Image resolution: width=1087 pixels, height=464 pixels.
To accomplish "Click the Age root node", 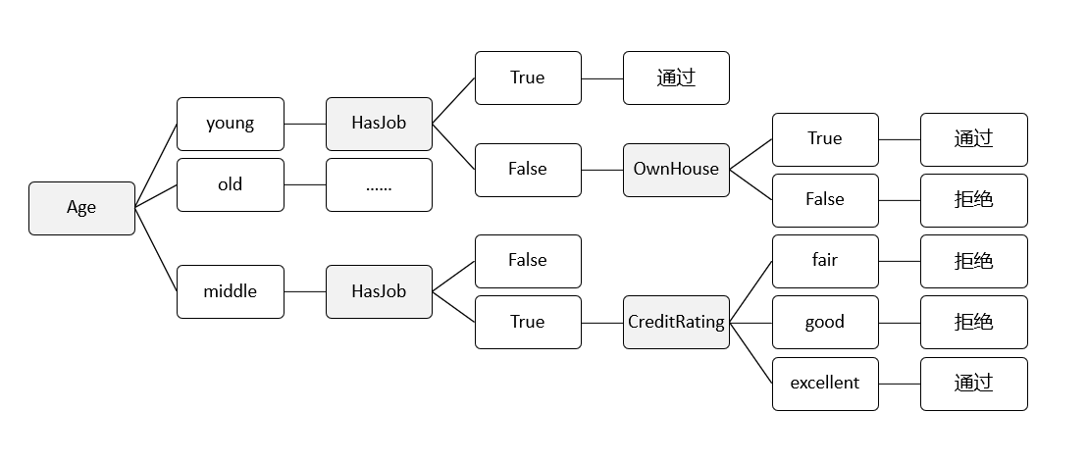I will pos(81,208).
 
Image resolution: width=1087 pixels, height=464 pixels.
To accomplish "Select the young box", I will pos(230,124).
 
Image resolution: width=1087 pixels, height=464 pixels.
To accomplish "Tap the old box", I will pos(230,184).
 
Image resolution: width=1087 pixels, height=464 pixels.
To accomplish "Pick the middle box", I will pos(230,291).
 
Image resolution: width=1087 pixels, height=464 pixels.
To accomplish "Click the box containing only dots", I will pos(379,184).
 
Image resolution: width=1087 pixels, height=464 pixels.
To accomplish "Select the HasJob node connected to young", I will pos(379,124).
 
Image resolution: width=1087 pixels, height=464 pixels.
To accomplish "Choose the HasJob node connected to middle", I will pos(379,291).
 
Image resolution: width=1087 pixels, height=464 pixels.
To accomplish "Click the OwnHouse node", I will pos(676,169).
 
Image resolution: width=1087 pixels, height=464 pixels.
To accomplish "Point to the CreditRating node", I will pos(676,322).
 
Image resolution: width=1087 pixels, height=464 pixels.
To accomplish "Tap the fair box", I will pos(824,261).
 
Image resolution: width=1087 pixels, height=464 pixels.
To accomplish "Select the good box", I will pos(824,322).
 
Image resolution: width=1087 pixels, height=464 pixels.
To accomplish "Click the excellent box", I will pos(824,384).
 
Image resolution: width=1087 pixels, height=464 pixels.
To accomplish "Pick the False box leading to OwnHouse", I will pos(528,169).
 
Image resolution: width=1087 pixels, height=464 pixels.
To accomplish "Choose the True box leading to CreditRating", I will pos(528,322).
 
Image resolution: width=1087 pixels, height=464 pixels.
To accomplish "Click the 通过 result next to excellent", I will pos(973,384).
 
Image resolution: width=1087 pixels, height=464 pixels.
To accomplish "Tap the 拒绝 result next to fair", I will pos(973,261).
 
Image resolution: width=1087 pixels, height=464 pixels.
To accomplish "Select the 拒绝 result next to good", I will pos(973,322).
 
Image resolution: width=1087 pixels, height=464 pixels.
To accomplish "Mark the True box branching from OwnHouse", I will pos(824,138).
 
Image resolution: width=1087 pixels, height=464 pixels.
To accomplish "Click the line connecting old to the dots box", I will pos(305,184).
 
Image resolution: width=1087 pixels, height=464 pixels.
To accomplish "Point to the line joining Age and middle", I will pos(156,250).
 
